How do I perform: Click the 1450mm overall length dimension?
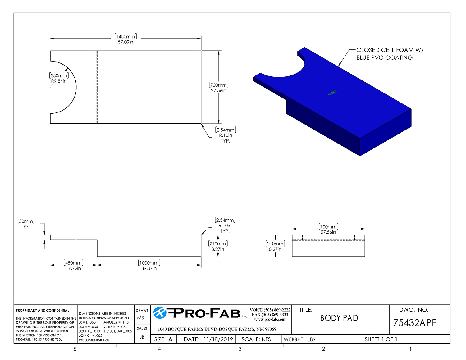tap(126, 39)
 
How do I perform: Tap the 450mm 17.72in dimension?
tap(73, 266)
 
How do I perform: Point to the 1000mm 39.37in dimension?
tap(149, 266)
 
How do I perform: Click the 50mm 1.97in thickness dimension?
tap(26, 224)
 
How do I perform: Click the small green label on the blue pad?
tap(332, 93)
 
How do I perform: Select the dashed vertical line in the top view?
tap(97, 87)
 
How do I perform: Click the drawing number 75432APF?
tap(414, 323)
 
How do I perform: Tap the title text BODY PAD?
tap(339, 318)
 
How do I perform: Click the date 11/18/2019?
tap(218, 339)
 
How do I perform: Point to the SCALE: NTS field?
tap(256, 339)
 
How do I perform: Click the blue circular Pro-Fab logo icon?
tap(160, 312)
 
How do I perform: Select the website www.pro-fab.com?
tap(270, 320)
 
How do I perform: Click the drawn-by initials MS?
tap(140, 318)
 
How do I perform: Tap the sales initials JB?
tap(142, 337)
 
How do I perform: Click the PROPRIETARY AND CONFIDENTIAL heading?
tap(43, 311)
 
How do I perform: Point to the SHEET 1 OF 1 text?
tap(381, 339)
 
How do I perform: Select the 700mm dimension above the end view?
tap(328, 229)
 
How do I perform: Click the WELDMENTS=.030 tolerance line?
tap(94, 340)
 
